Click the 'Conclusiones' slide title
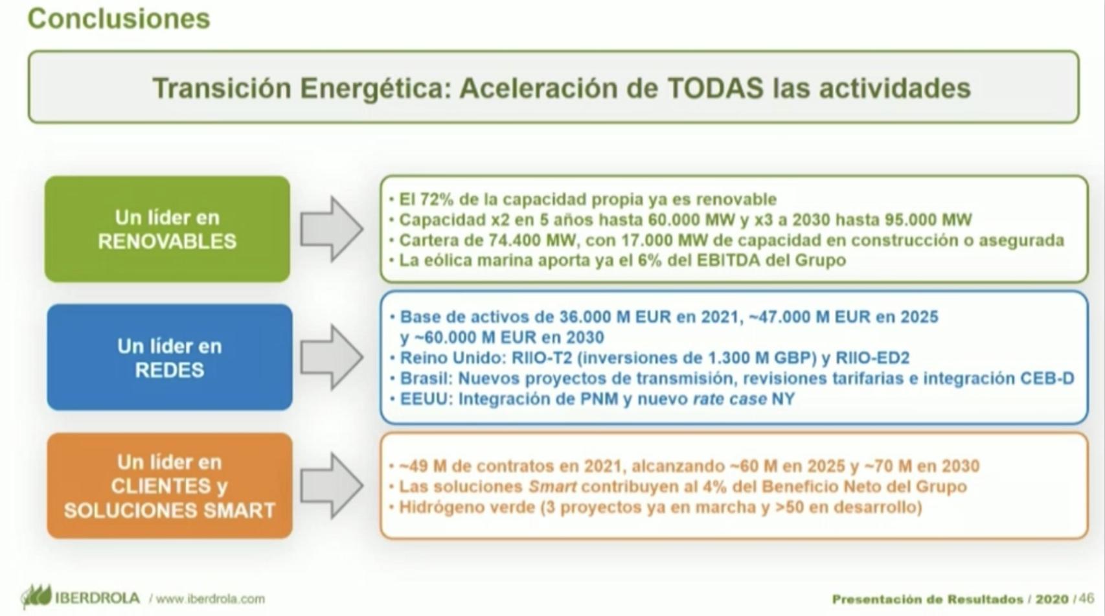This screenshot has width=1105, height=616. click(x=119, y=19)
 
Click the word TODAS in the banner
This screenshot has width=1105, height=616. click(x=715, y=88)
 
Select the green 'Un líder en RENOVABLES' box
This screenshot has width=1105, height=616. click(x=167, y=229)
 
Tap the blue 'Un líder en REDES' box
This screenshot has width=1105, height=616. click(x=169, y=357)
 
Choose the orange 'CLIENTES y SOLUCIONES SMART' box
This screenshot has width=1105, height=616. click(x=169, y=486)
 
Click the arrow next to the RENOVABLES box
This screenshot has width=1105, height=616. click(x=332, y=229)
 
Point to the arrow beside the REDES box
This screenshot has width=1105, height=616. click(x=332, y=357)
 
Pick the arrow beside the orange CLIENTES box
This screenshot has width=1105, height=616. click(x=332, y=486)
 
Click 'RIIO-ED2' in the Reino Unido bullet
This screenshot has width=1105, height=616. click(x=872, y=358)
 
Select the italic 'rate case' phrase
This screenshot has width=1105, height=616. click(x=729, y=399)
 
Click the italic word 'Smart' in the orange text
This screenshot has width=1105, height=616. click(x=552, y=486)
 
